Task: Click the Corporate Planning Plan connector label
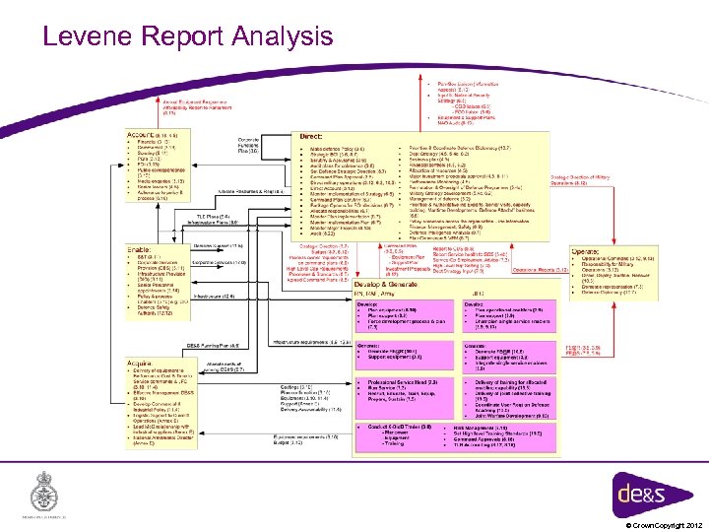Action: tap(249, 145)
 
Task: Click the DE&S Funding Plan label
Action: tap(208, 346)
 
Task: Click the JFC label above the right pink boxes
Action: tap(477, 293)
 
